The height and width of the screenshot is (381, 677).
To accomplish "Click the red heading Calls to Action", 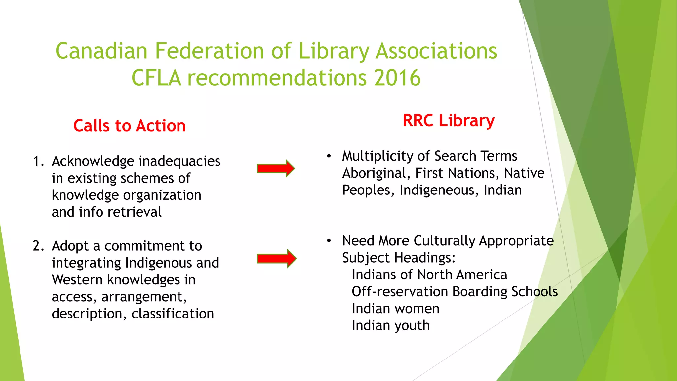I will pos(130,126).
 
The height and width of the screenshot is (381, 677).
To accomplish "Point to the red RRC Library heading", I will pos(449,121).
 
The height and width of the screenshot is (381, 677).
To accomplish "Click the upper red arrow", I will pos(276,169).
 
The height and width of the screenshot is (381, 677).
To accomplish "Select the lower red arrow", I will pos(276,258).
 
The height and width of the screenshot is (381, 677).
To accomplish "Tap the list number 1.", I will pos(38,161).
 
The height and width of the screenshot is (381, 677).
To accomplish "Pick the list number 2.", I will pos(38,246).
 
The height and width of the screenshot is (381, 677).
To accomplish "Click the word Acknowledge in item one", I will pos(93,162).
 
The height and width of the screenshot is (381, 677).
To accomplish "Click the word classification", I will pos(173,314).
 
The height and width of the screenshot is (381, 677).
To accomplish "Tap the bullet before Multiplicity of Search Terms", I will pos(329,156).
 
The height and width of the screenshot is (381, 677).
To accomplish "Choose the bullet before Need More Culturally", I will pos(329,241).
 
